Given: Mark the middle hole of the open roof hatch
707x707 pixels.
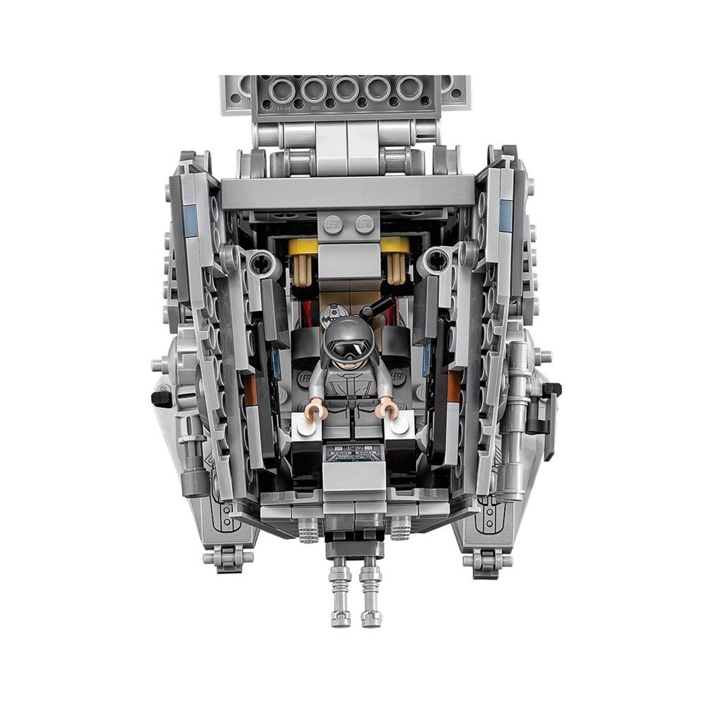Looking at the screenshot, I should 345,90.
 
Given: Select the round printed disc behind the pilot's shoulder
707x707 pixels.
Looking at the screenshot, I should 329,312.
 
